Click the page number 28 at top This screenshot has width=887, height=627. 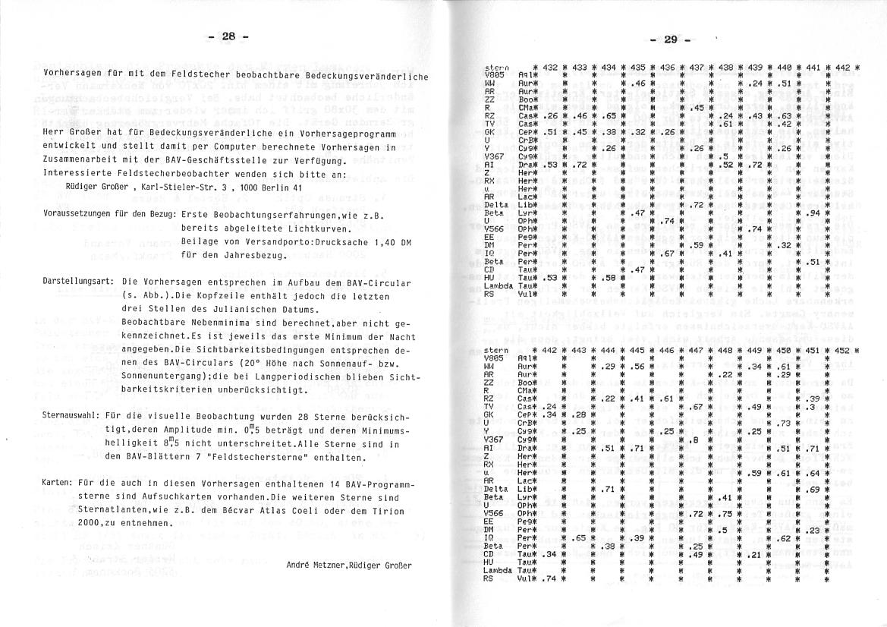coord(229,36)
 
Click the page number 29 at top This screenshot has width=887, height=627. coord(671,39)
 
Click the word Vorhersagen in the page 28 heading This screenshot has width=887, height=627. coord(71,75)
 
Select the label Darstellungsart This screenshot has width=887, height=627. coord(78,281)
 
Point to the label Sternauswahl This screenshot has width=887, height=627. coord(73,417)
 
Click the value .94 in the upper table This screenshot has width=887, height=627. coord(811,213)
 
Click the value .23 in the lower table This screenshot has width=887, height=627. coord(813,530)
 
